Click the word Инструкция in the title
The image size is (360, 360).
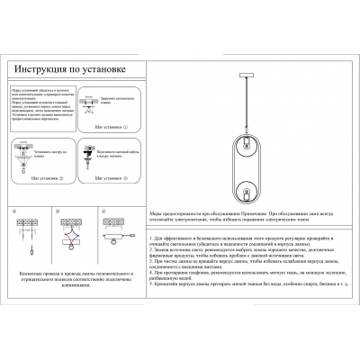click(44, 67)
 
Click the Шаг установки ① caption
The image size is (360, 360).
click(110, 128)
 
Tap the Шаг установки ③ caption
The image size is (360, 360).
click(109, 177)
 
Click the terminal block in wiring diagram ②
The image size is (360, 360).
click(27, 223)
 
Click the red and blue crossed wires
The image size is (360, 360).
click(69, 240)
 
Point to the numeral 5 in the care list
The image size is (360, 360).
click(148, 282)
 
